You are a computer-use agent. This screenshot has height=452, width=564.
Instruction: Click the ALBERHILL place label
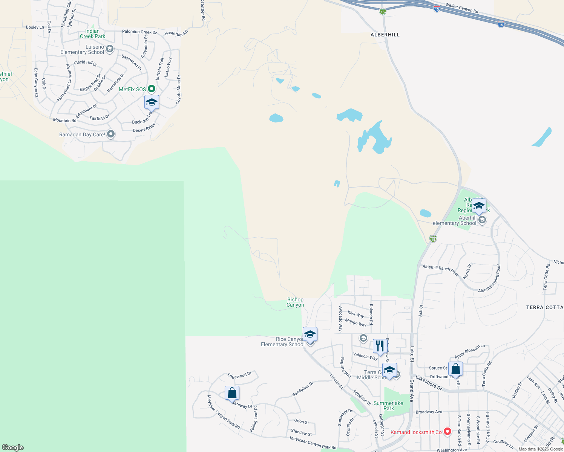coord(385,35)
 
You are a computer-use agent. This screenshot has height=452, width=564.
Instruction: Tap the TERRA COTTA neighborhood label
coord(544,308)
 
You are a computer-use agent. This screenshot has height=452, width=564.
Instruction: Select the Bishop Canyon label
coord(295,302)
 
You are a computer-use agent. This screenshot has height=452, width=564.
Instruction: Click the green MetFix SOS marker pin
coord(152,89)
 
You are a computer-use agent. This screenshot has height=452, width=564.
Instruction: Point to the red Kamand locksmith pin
coord(448,432)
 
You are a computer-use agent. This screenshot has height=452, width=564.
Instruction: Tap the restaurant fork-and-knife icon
coord(380,346)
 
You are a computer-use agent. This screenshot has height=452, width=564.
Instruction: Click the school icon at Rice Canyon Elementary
coord(310,334)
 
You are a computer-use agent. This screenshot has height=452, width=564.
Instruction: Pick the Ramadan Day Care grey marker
coord(111,134)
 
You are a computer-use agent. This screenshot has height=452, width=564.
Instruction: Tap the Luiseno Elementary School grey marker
coord(110,49)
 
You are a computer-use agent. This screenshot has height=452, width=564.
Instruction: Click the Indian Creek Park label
coord(92,34)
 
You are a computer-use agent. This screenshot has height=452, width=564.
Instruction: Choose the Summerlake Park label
coord(388,406)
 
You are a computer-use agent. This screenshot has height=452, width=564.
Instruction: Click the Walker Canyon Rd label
coord(462,8)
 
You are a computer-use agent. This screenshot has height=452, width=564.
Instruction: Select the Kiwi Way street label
coord(356,314)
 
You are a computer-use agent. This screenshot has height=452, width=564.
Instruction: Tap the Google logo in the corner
coord(13,447)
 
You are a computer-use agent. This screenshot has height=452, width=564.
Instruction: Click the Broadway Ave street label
coord(429,412)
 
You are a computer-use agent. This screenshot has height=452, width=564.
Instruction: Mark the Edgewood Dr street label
coord(239,375)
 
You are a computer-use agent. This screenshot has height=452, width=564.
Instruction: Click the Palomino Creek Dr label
coord(139,32)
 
